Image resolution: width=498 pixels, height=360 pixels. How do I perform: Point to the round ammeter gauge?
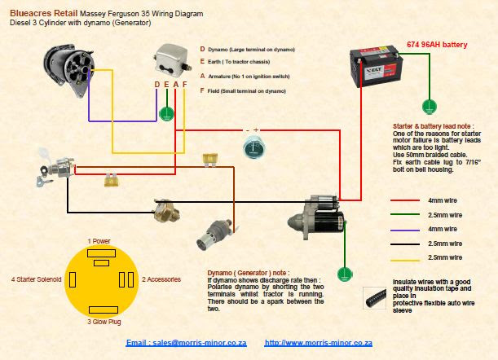coord(253,148)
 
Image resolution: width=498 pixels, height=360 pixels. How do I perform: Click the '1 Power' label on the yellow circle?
coord(100,241)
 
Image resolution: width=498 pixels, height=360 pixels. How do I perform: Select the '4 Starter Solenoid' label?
coord(37,279)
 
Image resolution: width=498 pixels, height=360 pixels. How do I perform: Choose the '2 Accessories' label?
coord(161,279)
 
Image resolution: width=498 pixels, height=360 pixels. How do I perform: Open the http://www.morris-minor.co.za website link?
coord(319,344)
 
